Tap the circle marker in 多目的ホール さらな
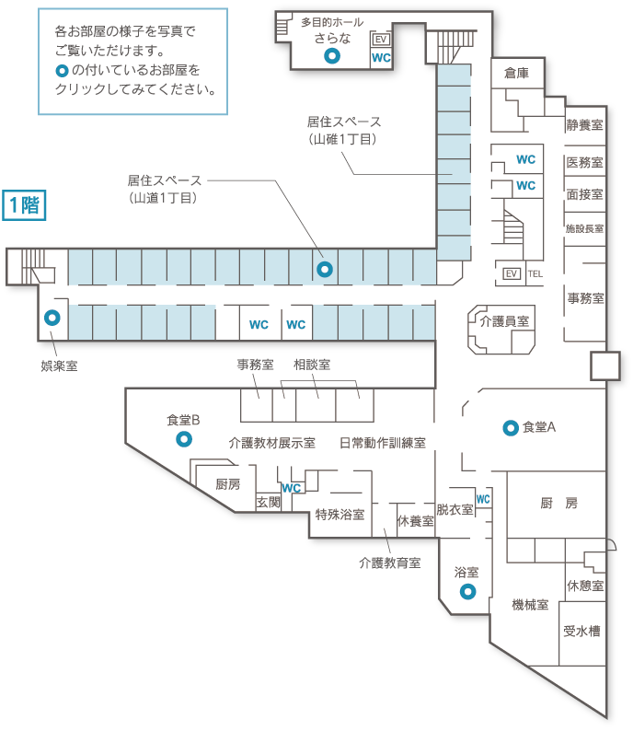tap(332, 56)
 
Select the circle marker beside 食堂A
tap(509, 427)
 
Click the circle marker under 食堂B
tap(184, 439)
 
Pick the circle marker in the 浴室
tap(466, 591)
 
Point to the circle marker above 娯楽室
tap(52, 319)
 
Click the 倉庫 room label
tap(516, 73)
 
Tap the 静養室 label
tap(585, 123)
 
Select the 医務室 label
tap(585, 163)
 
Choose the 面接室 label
tap(585, 194)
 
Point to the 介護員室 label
tap(504, 321)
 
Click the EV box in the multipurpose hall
tap(379, 40)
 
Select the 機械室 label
tap(531, 605)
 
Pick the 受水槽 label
tap(582, 631)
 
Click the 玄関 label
tap(269, 502)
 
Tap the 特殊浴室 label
tap(340, 514)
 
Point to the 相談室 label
tap(312, 365)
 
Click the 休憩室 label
tap(585, 586)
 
